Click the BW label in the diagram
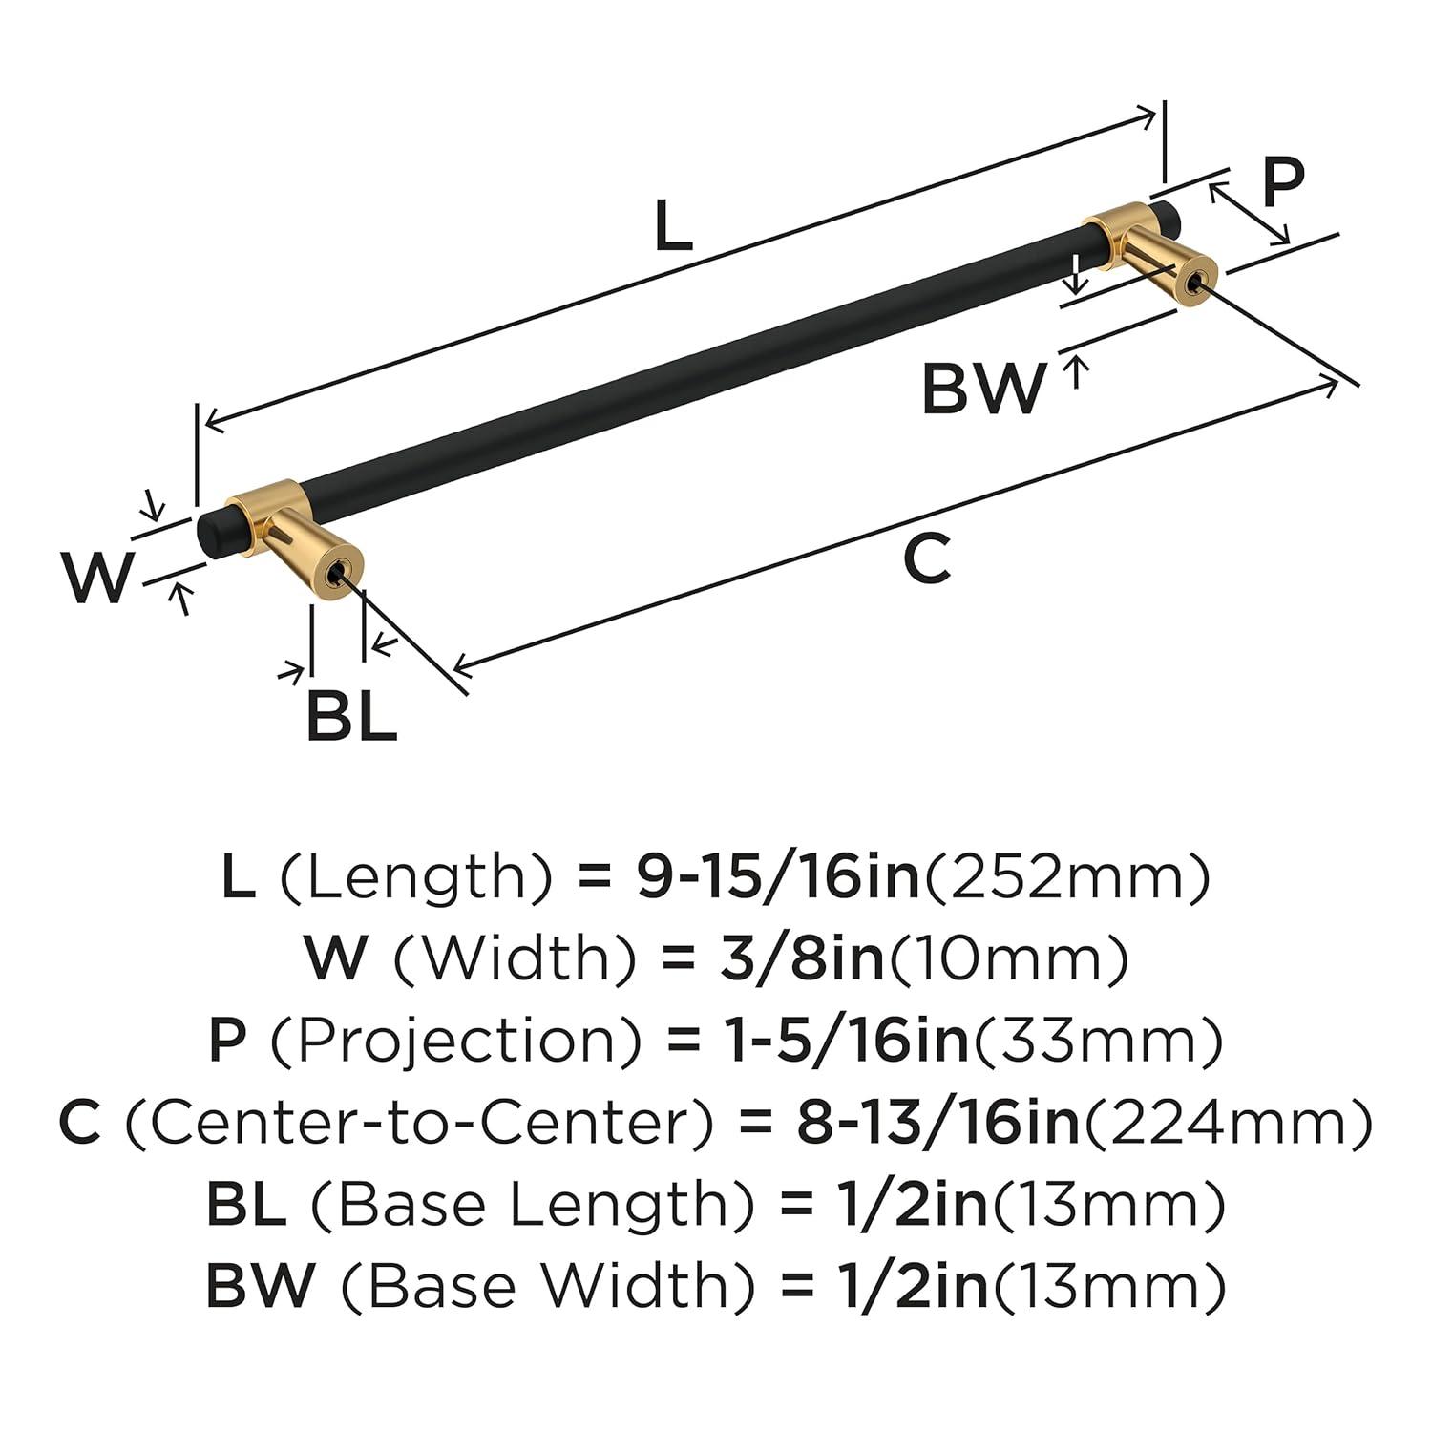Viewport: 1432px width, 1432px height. point(983,389)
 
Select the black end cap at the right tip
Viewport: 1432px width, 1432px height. point(1167,217)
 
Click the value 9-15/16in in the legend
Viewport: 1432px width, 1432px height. point(777,876)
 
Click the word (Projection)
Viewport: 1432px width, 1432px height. point(455,1041)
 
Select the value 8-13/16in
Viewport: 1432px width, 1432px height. point(937,1123)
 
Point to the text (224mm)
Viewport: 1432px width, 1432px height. point(1228,1123)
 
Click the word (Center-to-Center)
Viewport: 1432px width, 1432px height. point(419,1123)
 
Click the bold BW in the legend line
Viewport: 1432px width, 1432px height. point(260,1286)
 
